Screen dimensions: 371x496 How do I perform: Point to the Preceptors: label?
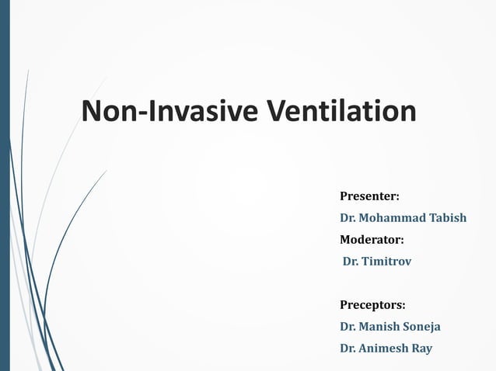click(372, 304)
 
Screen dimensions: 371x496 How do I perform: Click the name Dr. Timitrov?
click(377, 262)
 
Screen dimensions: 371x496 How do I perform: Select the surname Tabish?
click(447, 217)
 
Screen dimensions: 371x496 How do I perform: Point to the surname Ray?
click(422, 348)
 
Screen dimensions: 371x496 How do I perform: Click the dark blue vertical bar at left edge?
click(4, 185)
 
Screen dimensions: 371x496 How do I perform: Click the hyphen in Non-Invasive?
click(144, 113)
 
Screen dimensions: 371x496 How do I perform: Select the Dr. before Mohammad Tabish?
click(348, 217)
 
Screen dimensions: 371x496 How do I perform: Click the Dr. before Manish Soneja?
click(348, 327)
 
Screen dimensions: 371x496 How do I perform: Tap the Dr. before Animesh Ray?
click(348, 348)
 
